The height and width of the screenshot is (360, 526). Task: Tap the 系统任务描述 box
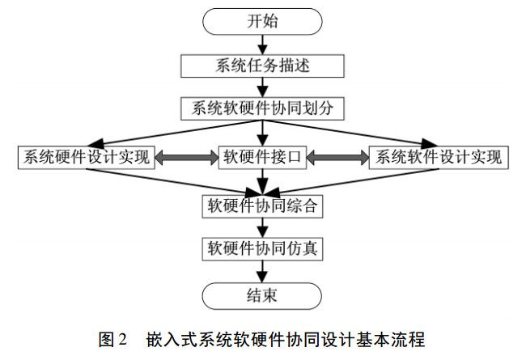point(261,65)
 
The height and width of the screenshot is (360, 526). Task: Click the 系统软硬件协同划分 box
point(261,108)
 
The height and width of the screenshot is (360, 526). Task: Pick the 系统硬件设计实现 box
point(87,157)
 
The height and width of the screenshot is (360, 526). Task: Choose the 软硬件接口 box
point(261,157)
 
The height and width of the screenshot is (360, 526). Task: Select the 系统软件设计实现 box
point(437,157)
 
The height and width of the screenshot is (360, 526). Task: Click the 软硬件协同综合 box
point(261,205)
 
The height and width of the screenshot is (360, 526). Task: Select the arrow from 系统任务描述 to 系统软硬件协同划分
point(261,87)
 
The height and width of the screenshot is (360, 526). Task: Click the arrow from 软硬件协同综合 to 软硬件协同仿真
point(261,227)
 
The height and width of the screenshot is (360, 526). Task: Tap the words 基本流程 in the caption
point(392,338)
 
